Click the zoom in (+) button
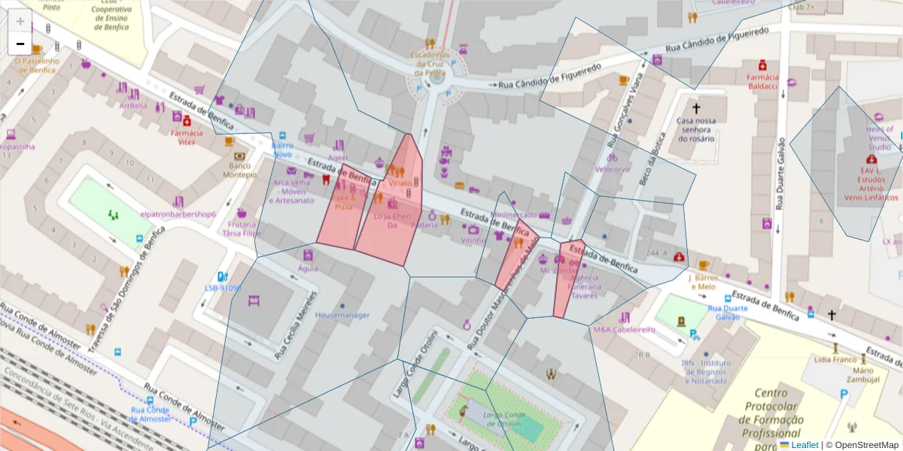pos(20,20)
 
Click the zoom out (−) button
pos(20,44)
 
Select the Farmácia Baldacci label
pos(762,81)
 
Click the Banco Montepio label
pos(239,170)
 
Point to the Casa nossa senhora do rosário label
pos(695,129)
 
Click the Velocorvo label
pos(612,169)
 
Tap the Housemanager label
pos(342,315)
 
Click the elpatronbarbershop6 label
pos(178,214)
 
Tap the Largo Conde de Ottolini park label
pos(503,419)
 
